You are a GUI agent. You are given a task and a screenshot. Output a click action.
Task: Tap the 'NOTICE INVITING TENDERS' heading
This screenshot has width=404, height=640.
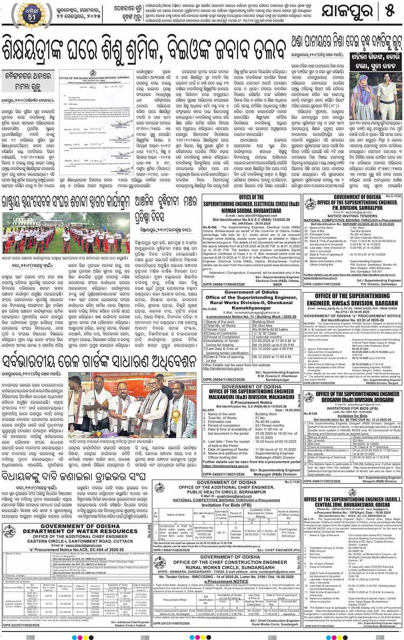[352, 216]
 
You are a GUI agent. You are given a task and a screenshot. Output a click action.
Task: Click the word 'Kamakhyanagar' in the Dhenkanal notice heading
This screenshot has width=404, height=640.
[251, 308]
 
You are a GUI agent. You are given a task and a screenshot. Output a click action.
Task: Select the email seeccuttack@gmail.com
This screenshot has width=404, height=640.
[83, 545]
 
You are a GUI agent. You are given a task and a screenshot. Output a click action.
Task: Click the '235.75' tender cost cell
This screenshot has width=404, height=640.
[48, 596]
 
